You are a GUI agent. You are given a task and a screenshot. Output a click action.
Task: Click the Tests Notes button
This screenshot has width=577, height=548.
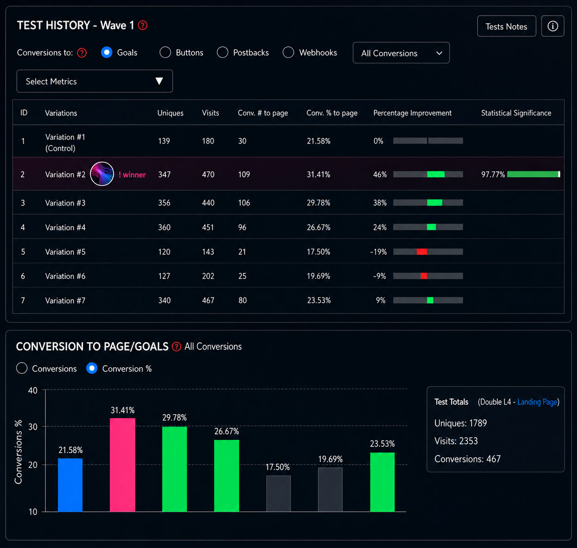pyautogui.click(x=506, y=26)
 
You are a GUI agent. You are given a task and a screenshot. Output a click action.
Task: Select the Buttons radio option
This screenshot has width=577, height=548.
pyautogui.click(x=165, y=52)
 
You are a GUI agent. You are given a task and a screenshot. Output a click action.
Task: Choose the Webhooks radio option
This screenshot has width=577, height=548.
pyautogui.click(x=288, y=52)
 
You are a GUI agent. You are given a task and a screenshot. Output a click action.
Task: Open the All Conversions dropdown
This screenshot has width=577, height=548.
pyautogui.click(x=401, y=53)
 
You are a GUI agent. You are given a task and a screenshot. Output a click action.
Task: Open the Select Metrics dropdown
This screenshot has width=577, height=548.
pyautogui.click(x=95, y=81)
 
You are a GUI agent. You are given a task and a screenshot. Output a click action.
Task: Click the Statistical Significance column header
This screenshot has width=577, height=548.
pyautogui.click(x=516, y=113)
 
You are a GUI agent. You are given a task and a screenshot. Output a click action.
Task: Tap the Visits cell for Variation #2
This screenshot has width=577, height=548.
pyautogui.click(x=208, y=175)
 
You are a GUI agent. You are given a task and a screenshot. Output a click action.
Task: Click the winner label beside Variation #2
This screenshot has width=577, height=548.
pyautogui.click(x=132, y=175)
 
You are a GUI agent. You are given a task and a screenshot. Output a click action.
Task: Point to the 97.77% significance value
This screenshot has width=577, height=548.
pyautogui.click(x=493, y=175)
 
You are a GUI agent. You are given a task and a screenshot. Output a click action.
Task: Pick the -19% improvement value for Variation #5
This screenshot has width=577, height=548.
pyautogui.click(x=378, y=252)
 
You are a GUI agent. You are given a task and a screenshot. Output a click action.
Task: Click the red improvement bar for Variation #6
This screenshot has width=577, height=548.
pyautogui.click(x=424, y=276)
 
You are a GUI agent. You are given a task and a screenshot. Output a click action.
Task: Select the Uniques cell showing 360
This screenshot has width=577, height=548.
pyautogui.click(x=165, y=227)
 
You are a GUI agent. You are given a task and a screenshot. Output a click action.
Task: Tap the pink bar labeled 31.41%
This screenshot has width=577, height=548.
pyautogui.click(x=122, y=465)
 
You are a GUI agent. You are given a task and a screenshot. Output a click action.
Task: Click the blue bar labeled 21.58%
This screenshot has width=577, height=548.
pyautogui.click(x=70, y=485)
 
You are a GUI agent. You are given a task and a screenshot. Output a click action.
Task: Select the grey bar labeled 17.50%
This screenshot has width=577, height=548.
pyautogui.click(x=278, y=493)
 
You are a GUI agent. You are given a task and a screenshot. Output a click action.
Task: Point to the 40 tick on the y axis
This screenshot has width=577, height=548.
pyautogui.click(x=33, y=391)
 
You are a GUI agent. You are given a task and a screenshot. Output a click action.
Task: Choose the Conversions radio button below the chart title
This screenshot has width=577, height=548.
pyautogui.click(x=22, y=368)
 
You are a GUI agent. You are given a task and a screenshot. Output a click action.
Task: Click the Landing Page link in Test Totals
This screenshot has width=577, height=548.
pyautogui.click(x=537, y=402)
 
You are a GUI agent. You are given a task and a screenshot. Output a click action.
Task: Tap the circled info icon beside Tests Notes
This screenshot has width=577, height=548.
pyautogui.click(x=552, y=26)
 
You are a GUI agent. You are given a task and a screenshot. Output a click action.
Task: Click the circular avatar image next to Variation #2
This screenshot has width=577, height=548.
pyautogui.click(x=102, y=174)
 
